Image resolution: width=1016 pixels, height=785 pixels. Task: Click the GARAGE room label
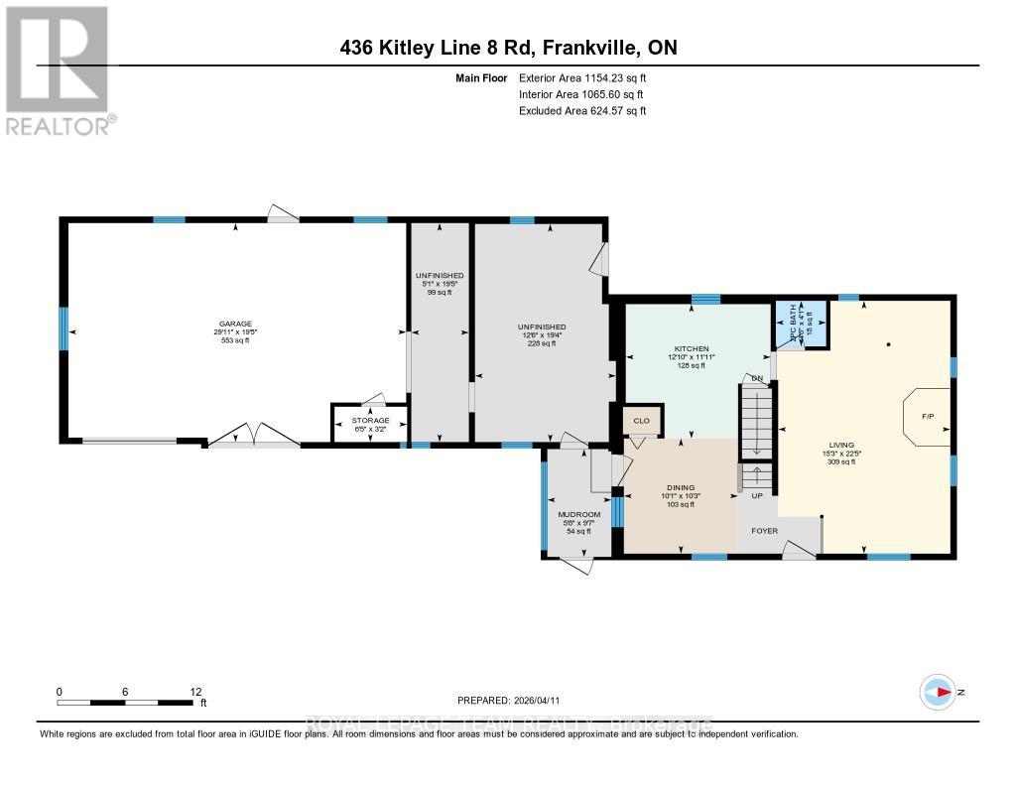[x=236, y=324]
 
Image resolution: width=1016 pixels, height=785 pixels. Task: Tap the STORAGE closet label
[x=369, y=420]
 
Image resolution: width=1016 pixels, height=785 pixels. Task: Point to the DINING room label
[x=680, y=487]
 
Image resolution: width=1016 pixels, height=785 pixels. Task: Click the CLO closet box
[x=641, y=421]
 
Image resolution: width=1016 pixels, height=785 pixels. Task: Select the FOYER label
[x=765, y=530]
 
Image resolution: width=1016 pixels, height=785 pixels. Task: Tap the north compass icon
[x=938, y=691]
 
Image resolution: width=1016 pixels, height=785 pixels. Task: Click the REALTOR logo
[x=58, y=69]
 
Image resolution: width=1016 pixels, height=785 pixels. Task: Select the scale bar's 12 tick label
[x=195, y=692]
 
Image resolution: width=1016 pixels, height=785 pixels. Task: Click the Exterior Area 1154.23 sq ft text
[x=582, y=78]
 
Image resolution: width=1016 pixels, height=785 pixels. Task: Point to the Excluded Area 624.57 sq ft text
[x=582, y=111]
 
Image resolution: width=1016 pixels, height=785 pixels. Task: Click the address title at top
[x=507, y=48]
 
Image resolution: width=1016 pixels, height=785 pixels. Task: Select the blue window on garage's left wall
[x=63, y=327]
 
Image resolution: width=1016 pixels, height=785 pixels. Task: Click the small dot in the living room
[x=888, y=345]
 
